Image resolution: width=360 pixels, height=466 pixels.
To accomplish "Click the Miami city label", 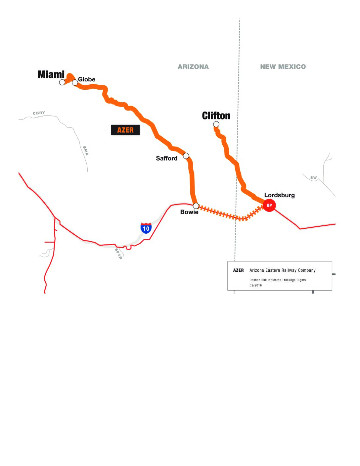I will tap(51, 74).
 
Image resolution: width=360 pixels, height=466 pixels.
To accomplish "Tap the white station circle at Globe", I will tap(75, 82).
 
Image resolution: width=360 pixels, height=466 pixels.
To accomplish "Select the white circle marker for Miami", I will tap(62, 82).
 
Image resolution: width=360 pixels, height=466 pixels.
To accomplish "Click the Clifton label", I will tap(216, 116).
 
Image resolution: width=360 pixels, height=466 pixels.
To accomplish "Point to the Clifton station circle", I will tap(216, 124).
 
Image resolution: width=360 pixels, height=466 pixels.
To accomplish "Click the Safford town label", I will tap(166, 158).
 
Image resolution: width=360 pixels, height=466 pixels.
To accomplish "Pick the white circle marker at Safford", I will tap(186, 156).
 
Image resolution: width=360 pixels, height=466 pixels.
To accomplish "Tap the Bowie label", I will tap(189, 212).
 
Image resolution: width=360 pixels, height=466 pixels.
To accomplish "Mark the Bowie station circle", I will tap(196, 206).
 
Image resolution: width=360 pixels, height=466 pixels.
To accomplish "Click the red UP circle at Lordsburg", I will tap(269, 205).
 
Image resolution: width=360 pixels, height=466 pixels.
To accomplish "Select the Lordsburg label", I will tap(279, 195).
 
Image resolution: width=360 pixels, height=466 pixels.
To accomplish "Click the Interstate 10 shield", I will tap(146, 228).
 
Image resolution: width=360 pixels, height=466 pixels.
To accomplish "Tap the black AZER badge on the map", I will tap(125, 130).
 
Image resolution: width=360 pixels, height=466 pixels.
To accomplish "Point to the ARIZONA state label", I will tap(193, 67).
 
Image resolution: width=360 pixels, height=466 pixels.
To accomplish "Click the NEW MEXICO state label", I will tap(283, 67).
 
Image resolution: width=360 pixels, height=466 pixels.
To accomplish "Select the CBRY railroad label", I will tap(39, 113).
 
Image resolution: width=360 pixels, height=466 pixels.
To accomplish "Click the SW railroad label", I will tap(313, 178).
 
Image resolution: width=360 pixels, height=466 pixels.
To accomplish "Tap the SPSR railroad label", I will tap(118, 254).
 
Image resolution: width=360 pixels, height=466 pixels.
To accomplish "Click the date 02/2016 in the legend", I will tap(255, 285).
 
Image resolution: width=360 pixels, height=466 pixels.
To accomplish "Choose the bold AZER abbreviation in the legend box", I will tap(238, 270).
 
